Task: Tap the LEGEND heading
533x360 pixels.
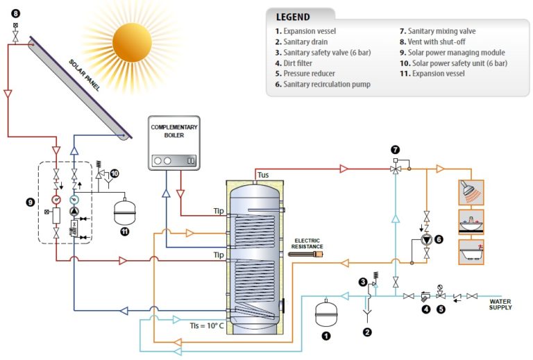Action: point(293,17)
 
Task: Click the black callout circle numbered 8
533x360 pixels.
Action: point(16,12)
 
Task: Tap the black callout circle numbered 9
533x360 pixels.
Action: point(29,202)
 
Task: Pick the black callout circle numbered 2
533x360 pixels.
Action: point(367,332)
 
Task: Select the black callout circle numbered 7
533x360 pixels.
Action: point(396,149)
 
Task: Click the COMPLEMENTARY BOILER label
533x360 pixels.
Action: point(175,132)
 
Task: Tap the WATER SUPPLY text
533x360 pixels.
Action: point(500,304)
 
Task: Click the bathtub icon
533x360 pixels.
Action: point(471,252)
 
